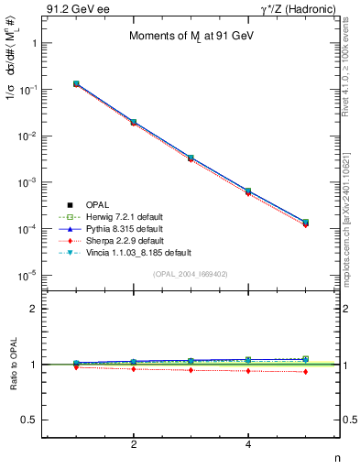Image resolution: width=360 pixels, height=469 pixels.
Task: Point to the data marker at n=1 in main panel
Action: click(77, 83)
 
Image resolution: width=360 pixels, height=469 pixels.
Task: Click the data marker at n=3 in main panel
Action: click(191, 158)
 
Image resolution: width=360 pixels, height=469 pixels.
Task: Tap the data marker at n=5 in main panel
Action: click(306, 223)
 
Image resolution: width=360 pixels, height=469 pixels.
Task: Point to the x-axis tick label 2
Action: click(135, 444)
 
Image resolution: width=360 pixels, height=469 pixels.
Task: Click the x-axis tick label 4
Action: click(249, 444)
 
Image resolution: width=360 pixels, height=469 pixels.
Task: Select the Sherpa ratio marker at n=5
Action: click(306, 371)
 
